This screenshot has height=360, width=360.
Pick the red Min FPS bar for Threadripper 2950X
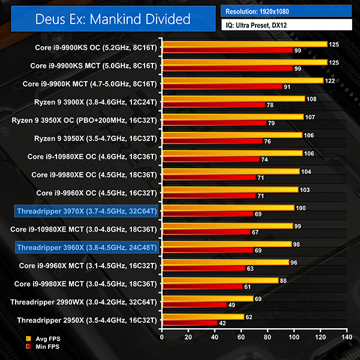coord(189,323)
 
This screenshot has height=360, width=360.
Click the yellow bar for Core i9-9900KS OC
coord(244,44)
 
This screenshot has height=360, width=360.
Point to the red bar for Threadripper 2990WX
coord(194,305)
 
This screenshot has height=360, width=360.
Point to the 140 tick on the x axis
coord(344,337)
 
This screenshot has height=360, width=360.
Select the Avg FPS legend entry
coord(45,339)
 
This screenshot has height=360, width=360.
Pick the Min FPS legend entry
coord(45,347)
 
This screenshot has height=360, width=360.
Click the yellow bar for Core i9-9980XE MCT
coord(219,280)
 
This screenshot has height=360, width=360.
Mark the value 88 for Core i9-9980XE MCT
coord(285,280)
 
